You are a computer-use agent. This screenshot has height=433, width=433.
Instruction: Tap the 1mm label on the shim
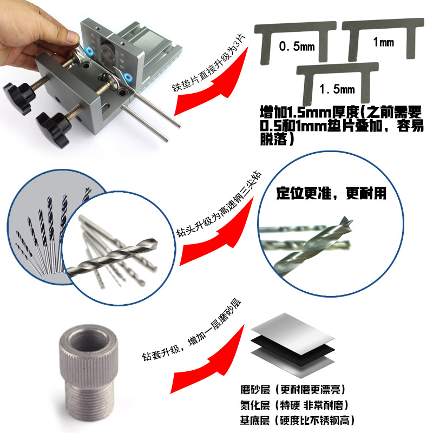tap(384, 42)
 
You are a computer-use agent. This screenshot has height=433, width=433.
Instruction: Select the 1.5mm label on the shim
tap(337, 89)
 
